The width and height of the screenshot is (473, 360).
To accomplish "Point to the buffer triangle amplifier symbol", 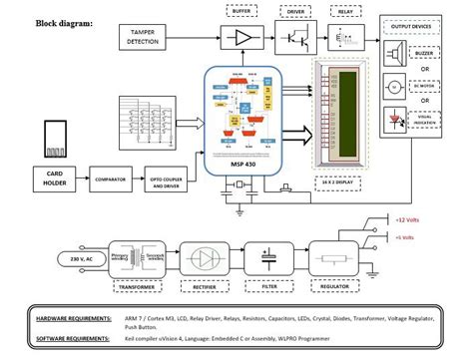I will [243, 38].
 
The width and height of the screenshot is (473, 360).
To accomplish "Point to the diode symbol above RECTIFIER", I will [204, 256].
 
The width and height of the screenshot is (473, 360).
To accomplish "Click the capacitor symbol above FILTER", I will [268, 256].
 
